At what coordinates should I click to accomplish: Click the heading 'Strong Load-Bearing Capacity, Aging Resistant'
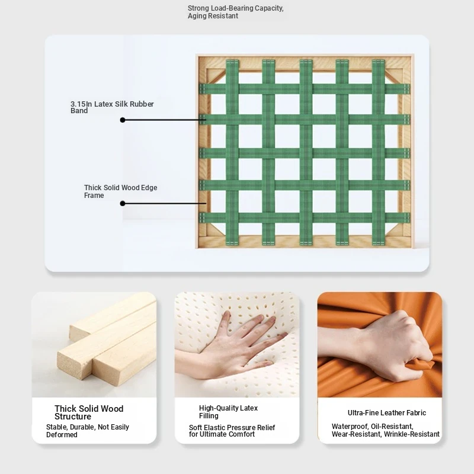[235, 12]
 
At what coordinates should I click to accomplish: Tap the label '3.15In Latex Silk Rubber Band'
[112, 107]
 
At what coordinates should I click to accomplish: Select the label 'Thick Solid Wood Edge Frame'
[121, 191]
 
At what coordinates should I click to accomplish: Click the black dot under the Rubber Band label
[123, 120]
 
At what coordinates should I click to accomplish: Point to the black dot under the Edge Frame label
[123, 203]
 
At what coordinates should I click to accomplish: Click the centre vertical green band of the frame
[306, 152]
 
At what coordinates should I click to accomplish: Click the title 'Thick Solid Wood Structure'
[89, 412]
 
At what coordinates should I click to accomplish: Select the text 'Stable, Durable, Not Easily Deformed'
[87, 431]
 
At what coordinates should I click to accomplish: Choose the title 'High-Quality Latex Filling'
[228, 412]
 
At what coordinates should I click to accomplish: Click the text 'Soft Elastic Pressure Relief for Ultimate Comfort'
[232, 431]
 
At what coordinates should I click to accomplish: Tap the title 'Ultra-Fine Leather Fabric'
[387, 412]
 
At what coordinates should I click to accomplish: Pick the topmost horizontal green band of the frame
[305, 89]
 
